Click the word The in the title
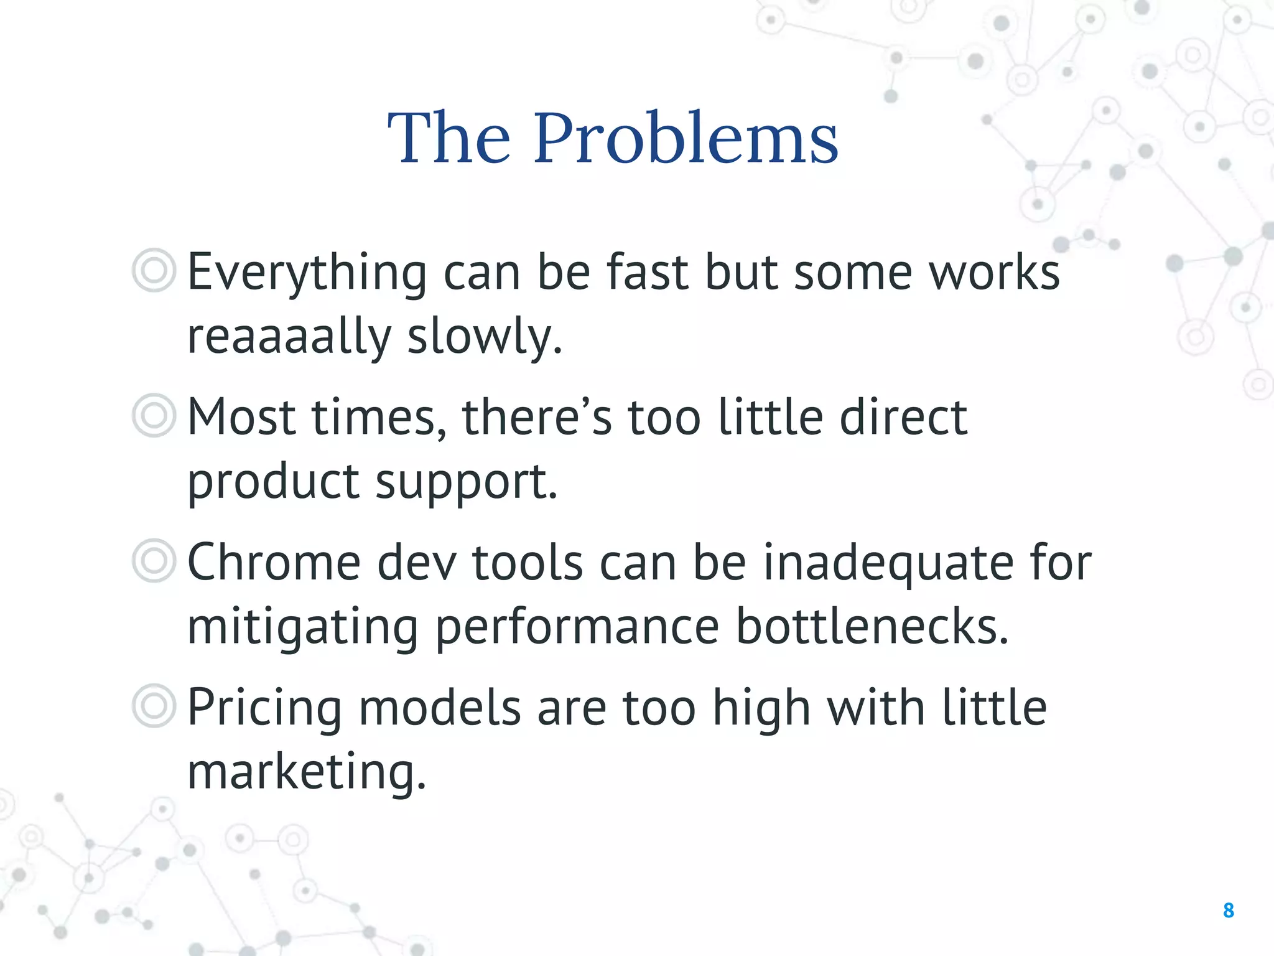(449, 138)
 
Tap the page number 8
(1228, 911)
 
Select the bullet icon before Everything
(154, 270)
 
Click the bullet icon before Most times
(154, 415)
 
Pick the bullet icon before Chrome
(154, 561)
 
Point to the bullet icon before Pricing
(154, 706)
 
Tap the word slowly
(485, 337)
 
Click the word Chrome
(274, 563)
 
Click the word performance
(577, 627)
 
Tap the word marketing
(307, 772)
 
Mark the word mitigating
(303, 627)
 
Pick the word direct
(903, 417)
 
